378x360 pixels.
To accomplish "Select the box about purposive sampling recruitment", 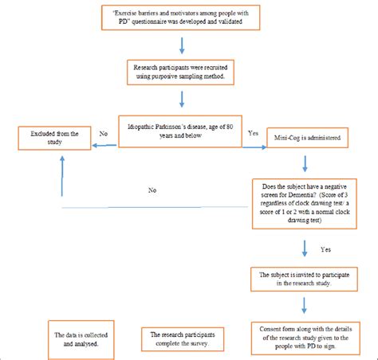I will (183, 73).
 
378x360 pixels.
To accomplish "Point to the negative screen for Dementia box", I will (302, 198).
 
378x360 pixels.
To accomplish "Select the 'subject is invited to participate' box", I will (303, 279).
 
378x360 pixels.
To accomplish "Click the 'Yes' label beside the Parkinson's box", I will (253, 133).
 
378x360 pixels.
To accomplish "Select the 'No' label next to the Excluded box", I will (103, 135).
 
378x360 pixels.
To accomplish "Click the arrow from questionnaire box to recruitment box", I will (186, 45).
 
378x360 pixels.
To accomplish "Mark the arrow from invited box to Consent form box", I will (305, 306).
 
